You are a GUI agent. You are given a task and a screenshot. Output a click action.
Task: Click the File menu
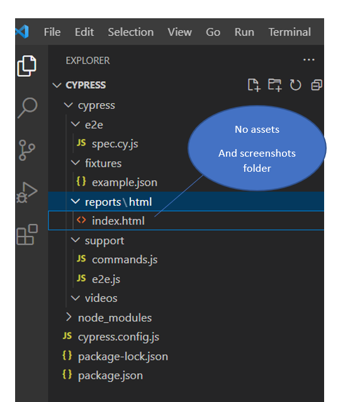(52, 32)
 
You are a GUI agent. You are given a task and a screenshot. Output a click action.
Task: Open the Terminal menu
(290, 32)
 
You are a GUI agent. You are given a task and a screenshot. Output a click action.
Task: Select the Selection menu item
(131, 32)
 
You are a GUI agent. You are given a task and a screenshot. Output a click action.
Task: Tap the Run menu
(244, 32)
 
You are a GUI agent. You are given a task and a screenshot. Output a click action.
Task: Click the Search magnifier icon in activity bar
(28, 108)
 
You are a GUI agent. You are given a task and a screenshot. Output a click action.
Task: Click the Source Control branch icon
(26, 150)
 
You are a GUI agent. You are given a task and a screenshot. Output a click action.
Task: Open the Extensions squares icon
(27, 234)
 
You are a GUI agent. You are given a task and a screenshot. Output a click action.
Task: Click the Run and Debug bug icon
(26, 193)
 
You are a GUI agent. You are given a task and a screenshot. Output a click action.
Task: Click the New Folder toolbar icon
(274, 85)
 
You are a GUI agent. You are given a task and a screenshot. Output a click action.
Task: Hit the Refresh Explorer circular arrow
(295, 85)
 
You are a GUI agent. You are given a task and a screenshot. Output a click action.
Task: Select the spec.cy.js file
(115, 144)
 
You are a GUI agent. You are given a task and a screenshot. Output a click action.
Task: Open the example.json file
(125, 182)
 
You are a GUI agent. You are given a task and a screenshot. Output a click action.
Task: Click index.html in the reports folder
(118, 221)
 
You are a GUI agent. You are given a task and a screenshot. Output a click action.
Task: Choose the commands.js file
(125, 260)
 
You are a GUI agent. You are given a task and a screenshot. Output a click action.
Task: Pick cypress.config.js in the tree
(118, 337)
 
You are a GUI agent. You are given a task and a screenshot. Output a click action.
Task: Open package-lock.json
(123, 357)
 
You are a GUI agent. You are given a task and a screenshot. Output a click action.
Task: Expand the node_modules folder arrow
(68, 318)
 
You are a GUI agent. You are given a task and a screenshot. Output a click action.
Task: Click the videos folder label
(101, 298)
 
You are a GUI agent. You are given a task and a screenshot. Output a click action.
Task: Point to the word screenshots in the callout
(267, 154)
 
